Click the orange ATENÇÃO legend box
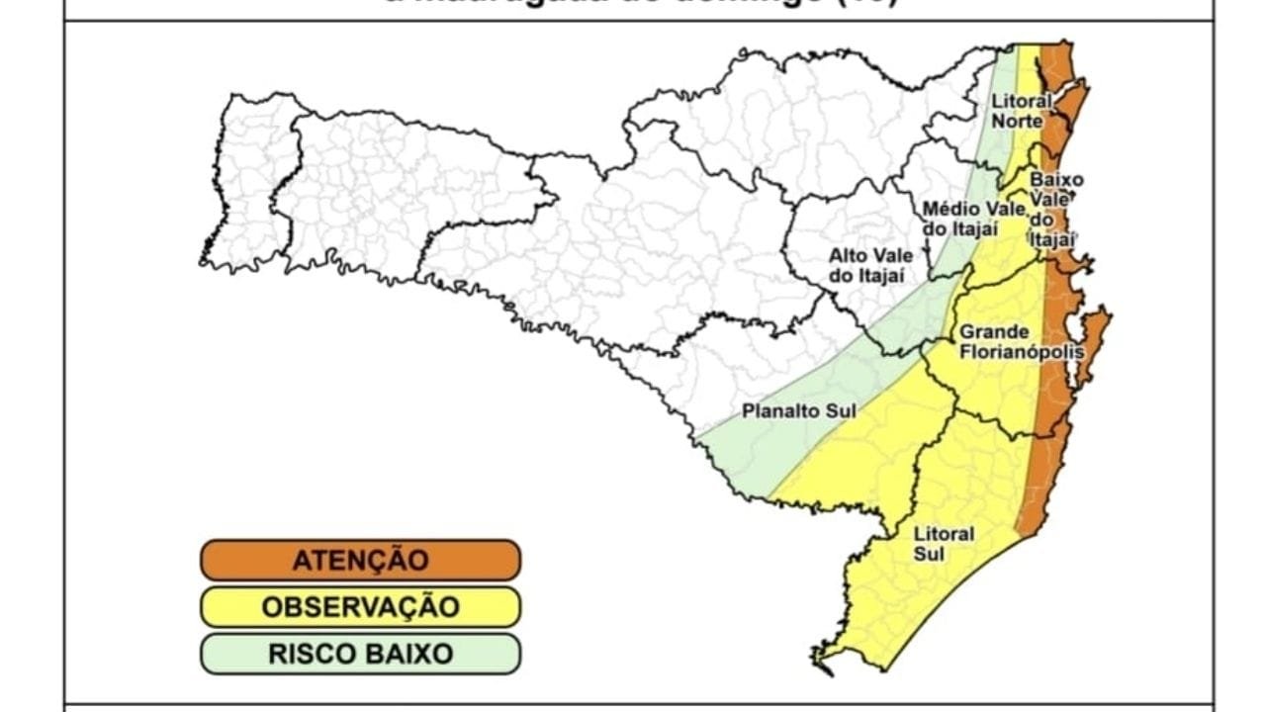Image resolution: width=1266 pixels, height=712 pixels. tap(360, 560)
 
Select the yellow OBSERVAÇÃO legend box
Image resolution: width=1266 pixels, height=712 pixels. tap(360, 606)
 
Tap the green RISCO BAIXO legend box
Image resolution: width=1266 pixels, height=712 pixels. tap(360, 654)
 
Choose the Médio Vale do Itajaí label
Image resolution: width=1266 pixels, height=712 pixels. tap(960, 219)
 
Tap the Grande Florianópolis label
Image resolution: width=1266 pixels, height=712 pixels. tap(1020, 341)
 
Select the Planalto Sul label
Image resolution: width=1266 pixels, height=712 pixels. tap(799, 410)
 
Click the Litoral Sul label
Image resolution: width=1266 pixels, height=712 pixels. tap(943, 544)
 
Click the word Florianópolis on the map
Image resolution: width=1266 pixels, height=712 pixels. tap(1020, 352)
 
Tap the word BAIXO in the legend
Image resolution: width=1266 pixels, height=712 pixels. tap(405, 654)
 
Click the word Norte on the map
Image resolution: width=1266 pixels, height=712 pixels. tap(1018, 121)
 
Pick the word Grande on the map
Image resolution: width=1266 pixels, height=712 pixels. tap(994, 331)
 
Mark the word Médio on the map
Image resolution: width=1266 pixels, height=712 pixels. tap(945, 209)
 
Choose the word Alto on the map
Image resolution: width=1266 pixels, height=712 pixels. tap(848, 256)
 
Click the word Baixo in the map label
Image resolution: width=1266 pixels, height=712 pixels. tap(1056, 181)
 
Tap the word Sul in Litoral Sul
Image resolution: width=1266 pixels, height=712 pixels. tap(929, 554)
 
